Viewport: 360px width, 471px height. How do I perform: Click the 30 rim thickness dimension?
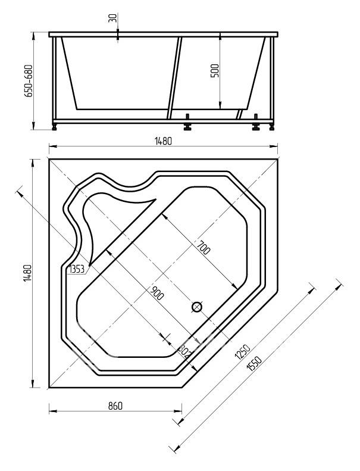113,18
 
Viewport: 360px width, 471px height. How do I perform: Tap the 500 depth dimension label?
215,71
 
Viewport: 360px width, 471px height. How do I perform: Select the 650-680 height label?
29,81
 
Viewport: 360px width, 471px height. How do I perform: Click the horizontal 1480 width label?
163,141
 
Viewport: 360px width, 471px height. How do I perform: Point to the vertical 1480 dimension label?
27,273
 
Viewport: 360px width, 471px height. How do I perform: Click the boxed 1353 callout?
77,269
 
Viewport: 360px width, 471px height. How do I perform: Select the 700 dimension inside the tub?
204,248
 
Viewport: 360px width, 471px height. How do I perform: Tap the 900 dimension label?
156,294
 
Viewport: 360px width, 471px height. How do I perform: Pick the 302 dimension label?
184,351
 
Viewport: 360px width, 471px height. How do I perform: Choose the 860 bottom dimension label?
115,406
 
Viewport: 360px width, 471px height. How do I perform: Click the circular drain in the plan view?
197,307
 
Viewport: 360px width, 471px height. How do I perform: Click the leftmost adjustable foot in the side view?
55,126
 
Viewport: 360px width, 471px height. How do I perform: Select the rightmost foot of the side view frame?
272,126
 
